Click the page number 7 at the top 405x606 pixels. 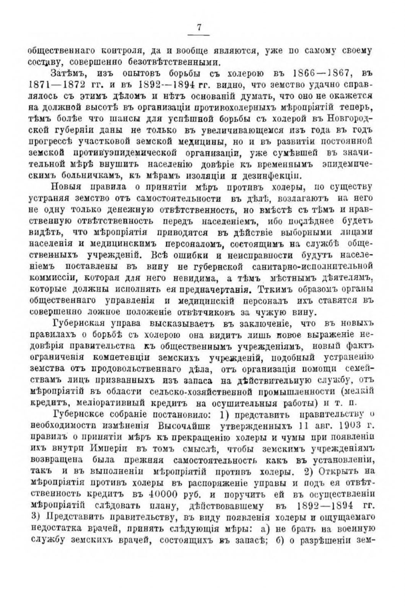tap(199, 27)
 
